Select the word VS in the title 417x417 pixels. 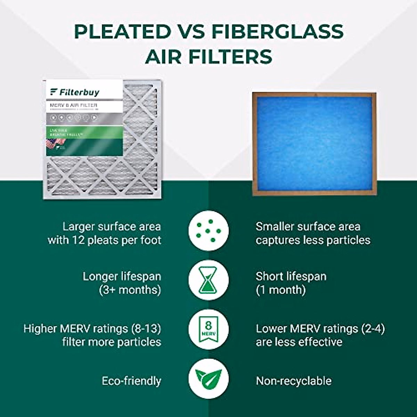[191, 32]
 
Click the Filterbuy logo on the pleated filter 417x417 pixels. [75, 92]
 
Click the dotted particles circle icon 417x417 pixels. [208, 230]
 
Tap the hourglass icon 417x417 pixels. [208, 280]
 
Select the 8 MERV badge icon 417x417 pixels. [208, 329]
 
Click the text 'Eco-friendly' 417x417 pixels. [131, 381]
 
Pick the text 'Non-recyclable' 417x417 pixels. [294, 381]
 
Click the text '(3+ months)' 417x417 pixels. [130, 290]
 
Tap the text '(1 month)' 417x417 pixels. [281, 290]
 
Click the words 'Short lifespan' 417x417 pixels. [291, 277]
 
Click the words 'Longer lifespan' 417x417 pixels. [122, 277]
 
